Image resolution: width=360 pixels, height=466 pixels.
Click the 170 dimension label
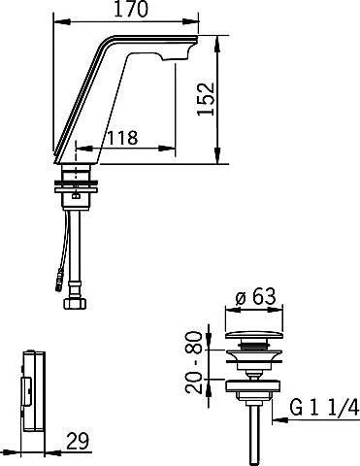click(131, 9)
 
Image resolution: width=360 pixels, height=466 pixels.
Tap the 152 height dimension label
click(206, 99)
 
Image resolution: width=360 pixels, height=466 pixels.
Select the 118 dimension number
click(122, 138)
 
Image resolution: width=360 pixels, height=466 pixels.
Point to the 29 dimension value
click(78, 441)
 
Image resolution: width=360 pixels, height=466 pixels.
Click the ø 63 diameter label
click(256, 296)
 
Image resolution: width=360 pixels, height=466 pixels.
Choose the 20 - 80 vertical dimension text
click(194, 362)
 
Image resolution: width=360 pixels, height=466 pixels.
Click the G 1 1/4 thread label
click(324, 407)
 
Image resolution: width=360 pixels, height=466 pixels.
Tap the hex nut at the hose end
click(75, 304)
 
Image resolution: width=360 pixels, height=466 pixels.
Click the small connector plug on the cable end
click(59, 280)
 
